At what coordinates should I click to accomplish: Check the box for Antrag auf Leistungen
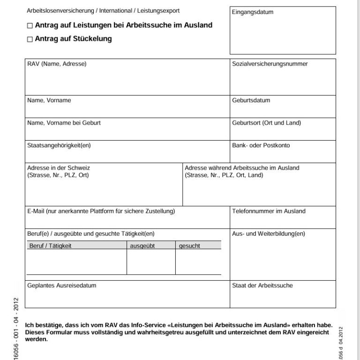pyautogui.click(x=30, y=26)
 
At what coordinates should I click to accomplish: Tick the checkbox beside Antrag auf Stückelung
pyautogui.click(x=30, y=40)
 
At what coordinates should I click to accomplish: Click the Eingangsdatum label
pyautogui.click(x=253, y=12)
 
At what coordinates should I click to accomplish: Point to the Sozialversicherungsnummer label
pyautogui.click(x=270, y=64)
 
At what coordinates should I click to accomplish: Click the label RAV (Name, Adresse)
pyautogui.click(x=57, y=64)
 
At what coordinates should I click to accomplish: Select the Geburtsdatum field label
pyautogui.click(x=251, y=100)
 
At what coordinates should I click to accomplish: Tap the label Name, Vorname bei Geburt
pyautogui.click(x=64, y=123)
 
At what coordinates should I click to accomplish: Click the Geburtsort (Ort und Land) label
pyautogui.click(x=267, y=123)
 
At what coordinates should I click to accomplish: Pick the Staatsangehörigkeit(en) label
pyautogui.click(x=59, y=146)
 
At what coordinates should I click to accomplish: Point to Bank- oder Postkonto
pyautogui.click(x=261, y=146)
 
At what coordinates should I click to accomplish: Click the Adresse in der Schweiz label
pyautogui.click(x=59, y=168)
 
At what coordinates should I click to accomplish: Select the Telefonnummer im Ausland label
pyautogui.click(x=269, y=211)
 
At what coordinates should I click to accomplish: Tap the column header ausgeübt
pyautogui.click(x=142, y=246)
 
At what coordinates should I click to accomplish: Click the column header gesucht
pyautogui.click(x=189, y=246)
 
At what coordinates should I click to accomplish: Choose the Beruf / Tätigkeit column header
pyautogui.click(x=50, y=246)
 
